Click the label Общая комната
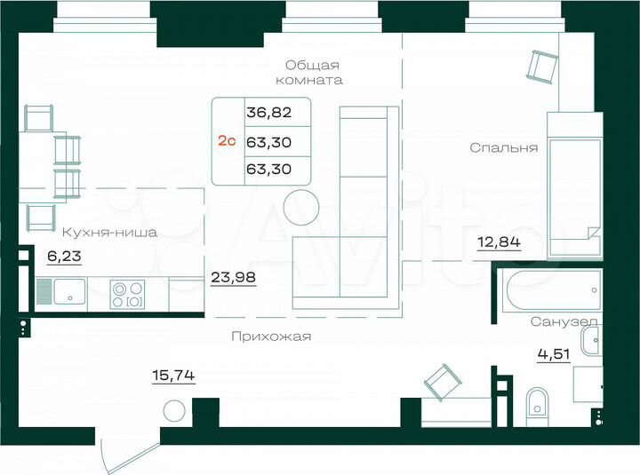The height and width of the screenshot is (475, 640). click(314, 72)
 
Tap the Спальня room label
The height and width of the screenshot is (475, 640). click(504, 148)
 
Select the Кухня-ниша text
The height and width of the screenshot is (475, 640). click(109, 233)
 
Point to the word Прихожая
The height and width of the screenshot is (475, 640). click(270, 336)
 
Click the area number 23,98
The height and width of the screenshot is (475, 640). click(234, 276)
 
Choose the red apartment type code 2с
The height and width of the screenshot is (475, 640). click(228, 140)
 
